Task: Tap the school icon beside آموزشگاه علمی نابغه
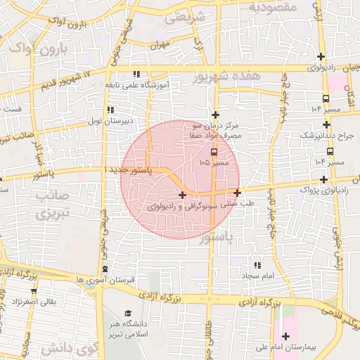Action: (x=136, y=74)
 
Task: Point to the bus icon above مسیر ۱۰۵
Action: (x=214, y=151)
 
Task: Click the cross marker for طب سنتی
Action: (x=237, y=193)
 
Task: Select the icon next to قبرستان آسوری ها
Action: (x=105, y=269)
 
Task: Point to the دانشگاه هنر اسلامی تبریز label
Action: (x=128, y=328)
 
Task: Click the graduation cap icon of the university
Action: (x=128, y=314)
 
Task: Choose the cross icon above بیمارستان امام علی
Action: (x=285, y=336)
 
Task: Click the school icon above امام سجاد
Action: (x=257, y=265)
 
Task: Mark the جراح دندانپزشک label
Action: (x=328, y=135)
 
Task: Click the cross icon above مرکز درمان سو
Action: (x=215, y=115)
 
